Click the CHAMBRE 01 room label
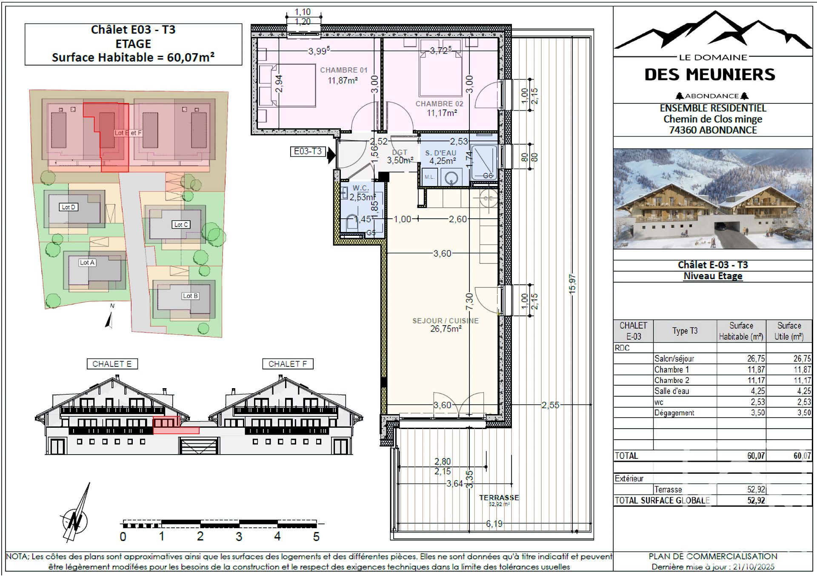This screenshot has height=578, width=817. pos(343,70)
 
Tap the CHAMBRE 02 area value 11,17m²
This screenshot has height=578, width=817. pos(442,113)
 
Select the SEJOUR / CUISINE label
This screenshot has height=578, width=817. pos(445,321)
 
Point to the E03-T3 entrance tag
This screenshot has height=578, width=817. pos(308,152)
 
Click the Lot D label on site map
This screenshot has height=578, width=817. pos(68,207)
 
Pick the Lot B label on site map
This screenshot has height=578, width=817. pos(190,296)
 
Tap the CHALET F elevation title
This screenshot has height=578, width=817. pos(287,364)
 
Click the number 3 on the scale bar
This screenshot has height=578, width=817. pos(239,537)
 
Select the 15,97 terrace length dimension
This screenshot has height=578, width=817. pos(572,284)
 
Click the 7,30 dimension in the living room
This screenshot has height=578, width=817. pos(469,301)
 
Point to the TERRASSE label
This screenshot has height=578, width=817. pos(499,498)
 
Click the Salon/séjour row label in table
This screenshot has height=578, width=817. pos(674,359)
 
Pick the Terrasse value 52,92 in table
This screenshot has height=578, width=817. pos(756,489)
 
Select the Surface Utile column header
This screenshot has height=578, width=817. pos(788,331)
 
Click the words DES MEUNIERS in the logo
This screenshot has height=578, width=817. pos(710,75)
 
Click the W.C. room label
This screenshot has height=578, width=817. pos(360,188)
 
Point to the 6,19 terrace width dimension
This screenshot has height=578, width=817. pos(494,524)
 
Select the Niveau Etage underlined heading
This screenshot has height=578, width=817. pos(713,276)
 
